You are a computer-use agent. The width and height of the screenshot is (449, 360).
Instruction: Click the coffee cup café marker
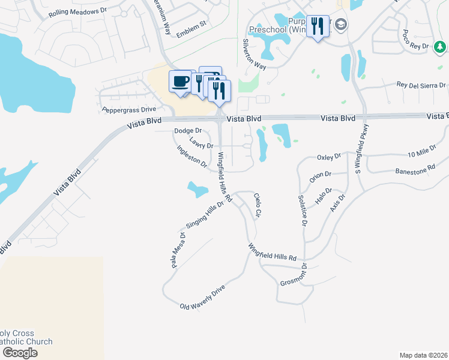181,82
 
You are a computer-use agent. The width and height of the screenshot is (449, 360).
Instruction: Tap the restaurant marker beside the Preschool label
318,26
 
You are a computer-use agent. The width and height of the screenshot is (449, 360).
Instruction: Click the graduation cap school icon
342,25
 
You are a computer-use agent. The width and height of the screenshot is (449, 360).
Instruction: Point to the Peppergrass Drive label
128,110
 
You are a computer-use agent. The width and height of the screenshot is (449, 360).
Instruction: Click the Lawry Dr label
201,143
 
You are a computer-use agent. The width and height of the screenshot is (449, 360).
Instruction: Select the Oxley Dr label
328,157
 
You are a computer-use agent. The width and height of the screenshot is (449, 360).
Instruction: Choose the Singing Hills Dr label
205,214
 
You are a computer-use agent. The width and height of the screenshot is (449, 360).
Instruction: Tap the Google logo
20,353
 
